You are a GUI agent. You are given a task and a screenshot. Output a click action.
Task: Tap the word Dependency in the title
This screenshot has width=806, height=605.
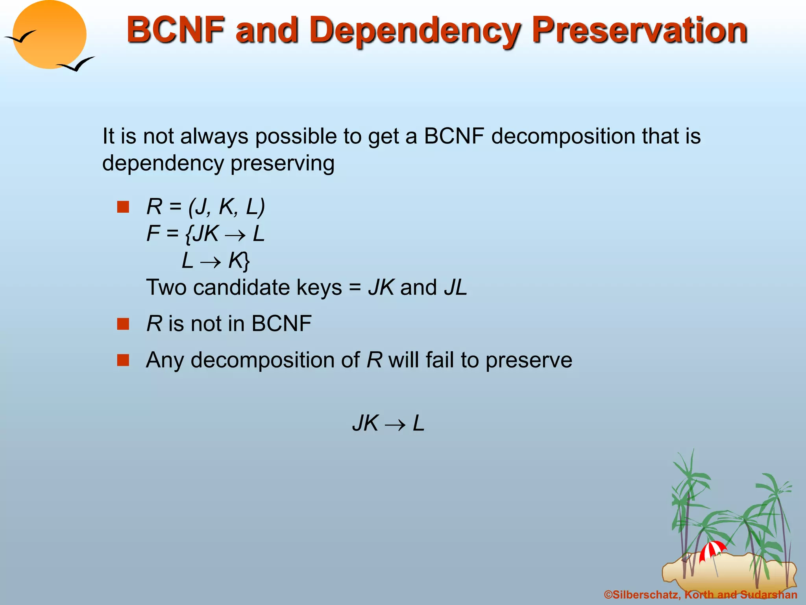pyautogui.click(x=415, y=32)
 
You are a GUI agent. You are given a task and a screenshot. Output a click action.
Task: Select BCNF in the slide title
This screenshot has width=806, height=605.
pyautogui.click(x=175, y=30)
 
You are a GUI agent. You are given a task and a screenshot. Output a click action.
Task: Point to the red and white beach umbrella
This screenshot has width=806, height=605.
pyautogui.click(x=712, y=550)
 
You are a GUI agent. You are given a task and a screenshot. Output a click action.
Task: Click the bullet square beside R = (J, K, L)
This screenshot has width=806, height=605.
pyautogui.click(x=123, y=207)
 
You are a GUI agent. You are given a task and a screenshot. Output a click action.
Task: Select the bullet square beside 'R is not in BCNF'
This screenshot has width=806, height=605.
pyautogui.click(x=123, y=324)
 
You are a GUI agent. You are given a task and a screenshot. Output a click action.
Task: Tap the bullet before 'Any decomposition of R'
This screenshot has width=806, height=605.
pyautogui.click(x=123, y=360)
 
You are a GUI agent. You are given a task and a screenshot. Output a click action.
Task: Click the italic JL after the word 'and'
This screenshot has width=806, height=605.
pyautogui.click(x=455, y=288)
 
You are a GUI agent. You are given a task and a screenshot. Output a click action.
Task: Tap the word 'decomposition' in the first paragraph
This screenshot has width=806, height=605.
pyautogui.click(x=563, y=136)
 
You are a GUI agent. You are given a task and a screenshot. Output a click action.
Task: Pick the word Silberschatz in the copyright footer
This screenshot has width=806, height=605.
pyautogui.click(x=646, y=595)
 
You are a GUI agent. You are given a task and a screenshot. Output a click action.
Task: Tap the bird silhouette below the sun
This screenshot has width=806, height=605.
pyautogui.click(x=76, y=64)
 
